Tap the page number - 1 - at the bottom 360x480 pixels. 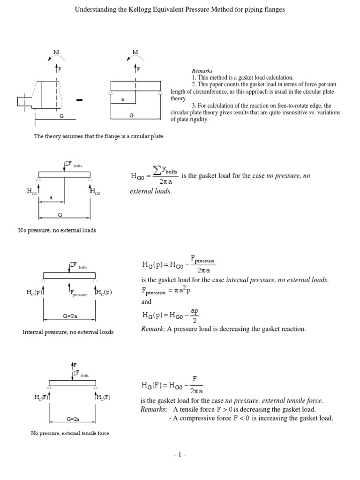[x=180, y=455]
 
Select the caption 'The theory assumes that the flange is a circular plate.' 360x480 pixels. [x=99, y=136]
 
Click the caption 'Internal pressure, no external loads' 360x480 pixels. [x=68, y=332]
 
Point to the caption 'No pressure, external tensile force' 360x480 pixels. [x=69, y=433]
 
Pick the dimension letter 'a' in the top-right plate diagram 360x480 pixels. [x=122, y=99]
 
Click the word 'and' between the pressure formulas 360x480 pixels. [x=146, y=302]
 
